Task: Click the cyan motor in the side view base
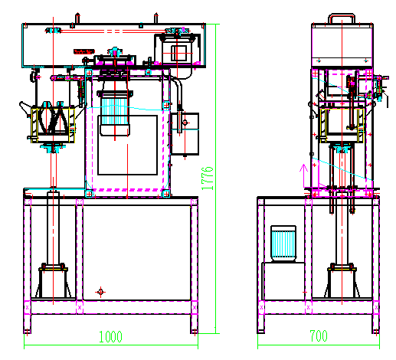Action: [284, 244]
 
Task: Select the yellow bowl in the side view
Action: [338, 123]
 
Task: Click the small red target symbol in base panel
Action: [99, 292]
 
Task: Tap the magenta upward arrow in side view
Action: [303, 172]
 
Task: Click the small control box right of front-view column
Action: [186, 133]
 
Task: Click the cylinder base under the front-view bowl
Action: [54, 281]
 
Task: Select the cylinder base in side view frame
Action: [341, 281]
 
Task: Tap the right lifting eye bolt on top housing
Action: [154, 16]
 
